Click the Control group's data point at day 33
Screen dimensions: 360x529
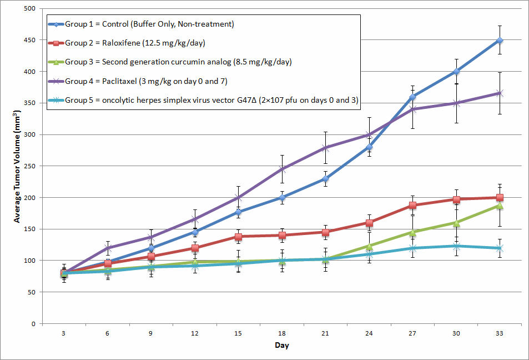[x=500, y=41]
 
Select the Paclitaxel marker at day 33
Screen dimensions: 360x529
[x=500, y=93]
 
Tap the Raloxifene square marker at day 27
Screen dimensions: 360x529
[x=412, y=205]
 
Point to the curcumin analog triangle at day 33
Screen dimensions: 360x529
[x=500, y=206]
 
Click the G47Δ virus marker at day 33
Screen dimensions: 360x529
[x=500, y=248]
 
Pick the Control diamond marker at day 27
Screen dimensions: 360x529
[x=412, y=97]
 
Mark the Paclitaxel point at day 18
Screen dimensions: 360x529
[x=282, y=169]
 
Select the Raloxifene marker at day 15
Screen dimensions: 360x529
[x=238, y=237]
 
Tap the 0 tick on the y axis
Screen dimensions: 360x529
[x=34, y=323]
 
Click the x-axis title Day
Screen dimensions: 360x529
[x=281, y=346]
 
